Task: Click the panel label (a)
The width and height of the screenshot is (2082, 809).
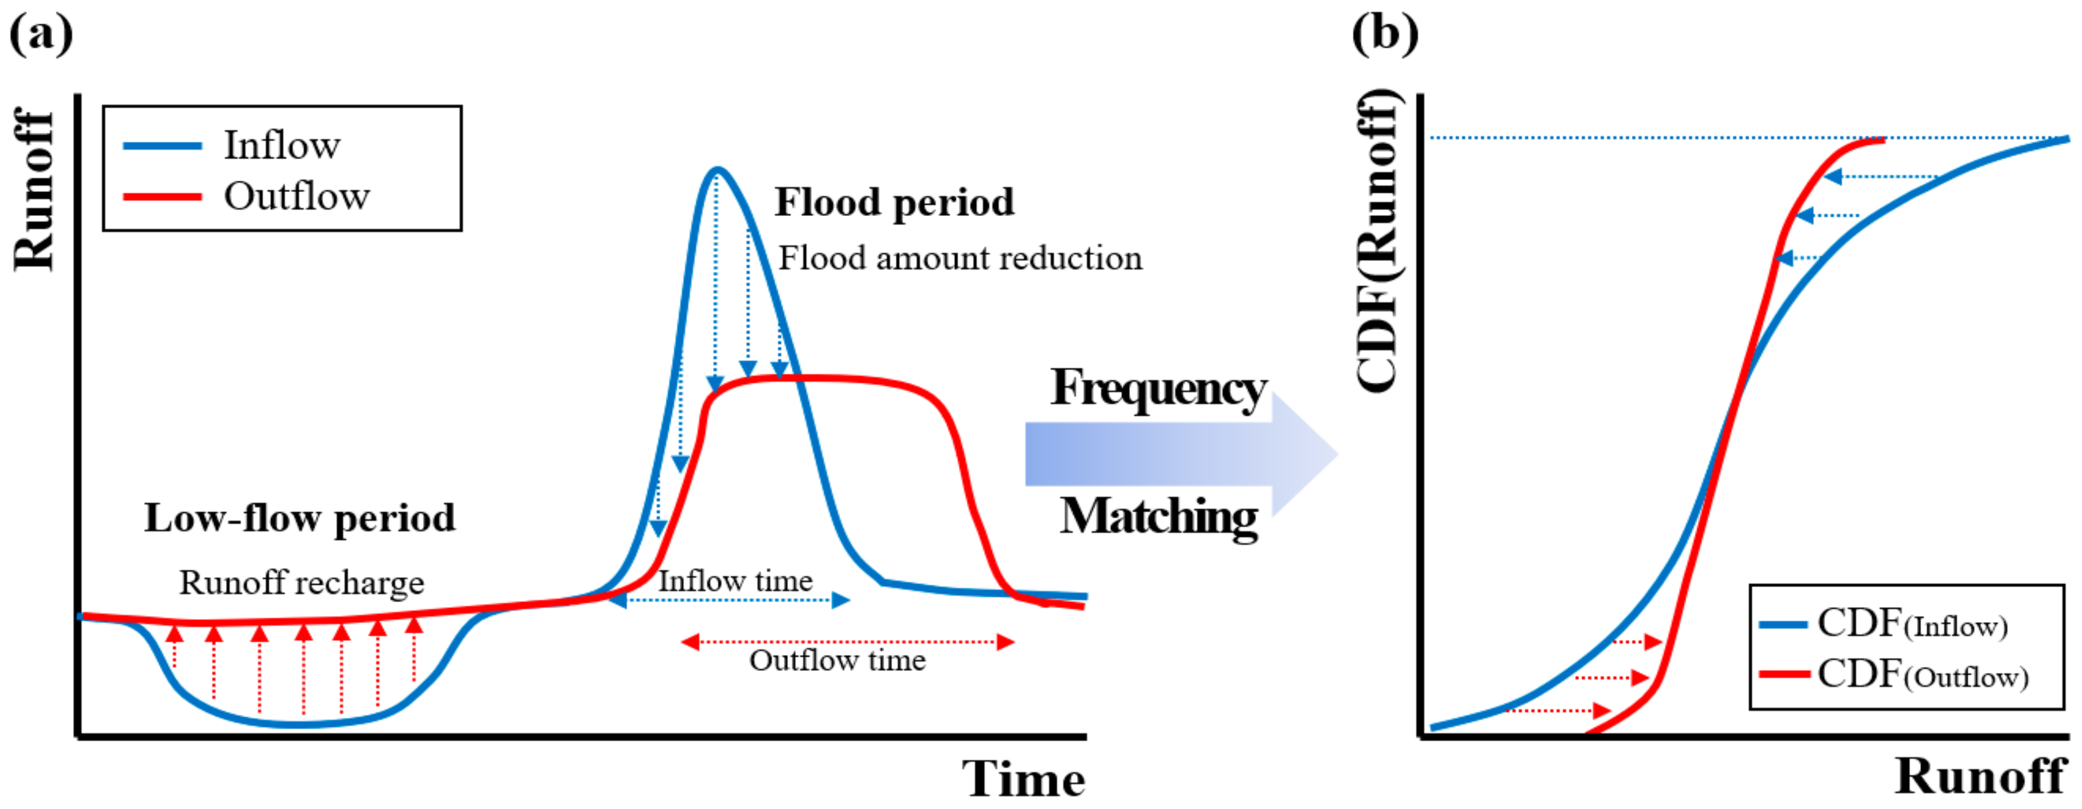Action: tap(41, 34)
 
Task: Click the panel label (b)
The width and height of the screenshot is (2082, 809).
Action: tap(1385, 34)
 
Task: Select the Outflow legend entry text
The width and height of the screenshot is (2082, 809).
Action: tap(297, 196)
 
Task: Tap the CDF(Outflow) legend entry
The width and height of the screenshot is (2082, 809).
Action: tap(1923, 675)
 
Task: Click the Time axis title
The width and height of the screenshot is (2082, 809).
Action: tap(1023, 779)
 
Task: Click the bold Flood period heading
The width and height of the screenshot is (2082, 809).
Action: tap(894, 202)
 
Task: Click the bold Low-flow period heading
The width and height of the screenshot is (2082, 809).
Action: tap(300, 518)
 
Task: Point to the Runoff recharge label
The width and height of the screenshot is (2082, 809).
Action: tap(301, 583)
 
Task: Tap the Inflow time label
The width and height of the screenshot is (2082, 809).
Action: tap(735, 581)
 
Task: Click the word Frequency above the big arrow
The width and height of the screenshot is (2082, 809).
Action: tap(1158, 389)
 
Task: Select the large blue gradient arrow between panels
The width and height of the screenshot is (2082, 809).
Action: tap(1180, 454)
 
